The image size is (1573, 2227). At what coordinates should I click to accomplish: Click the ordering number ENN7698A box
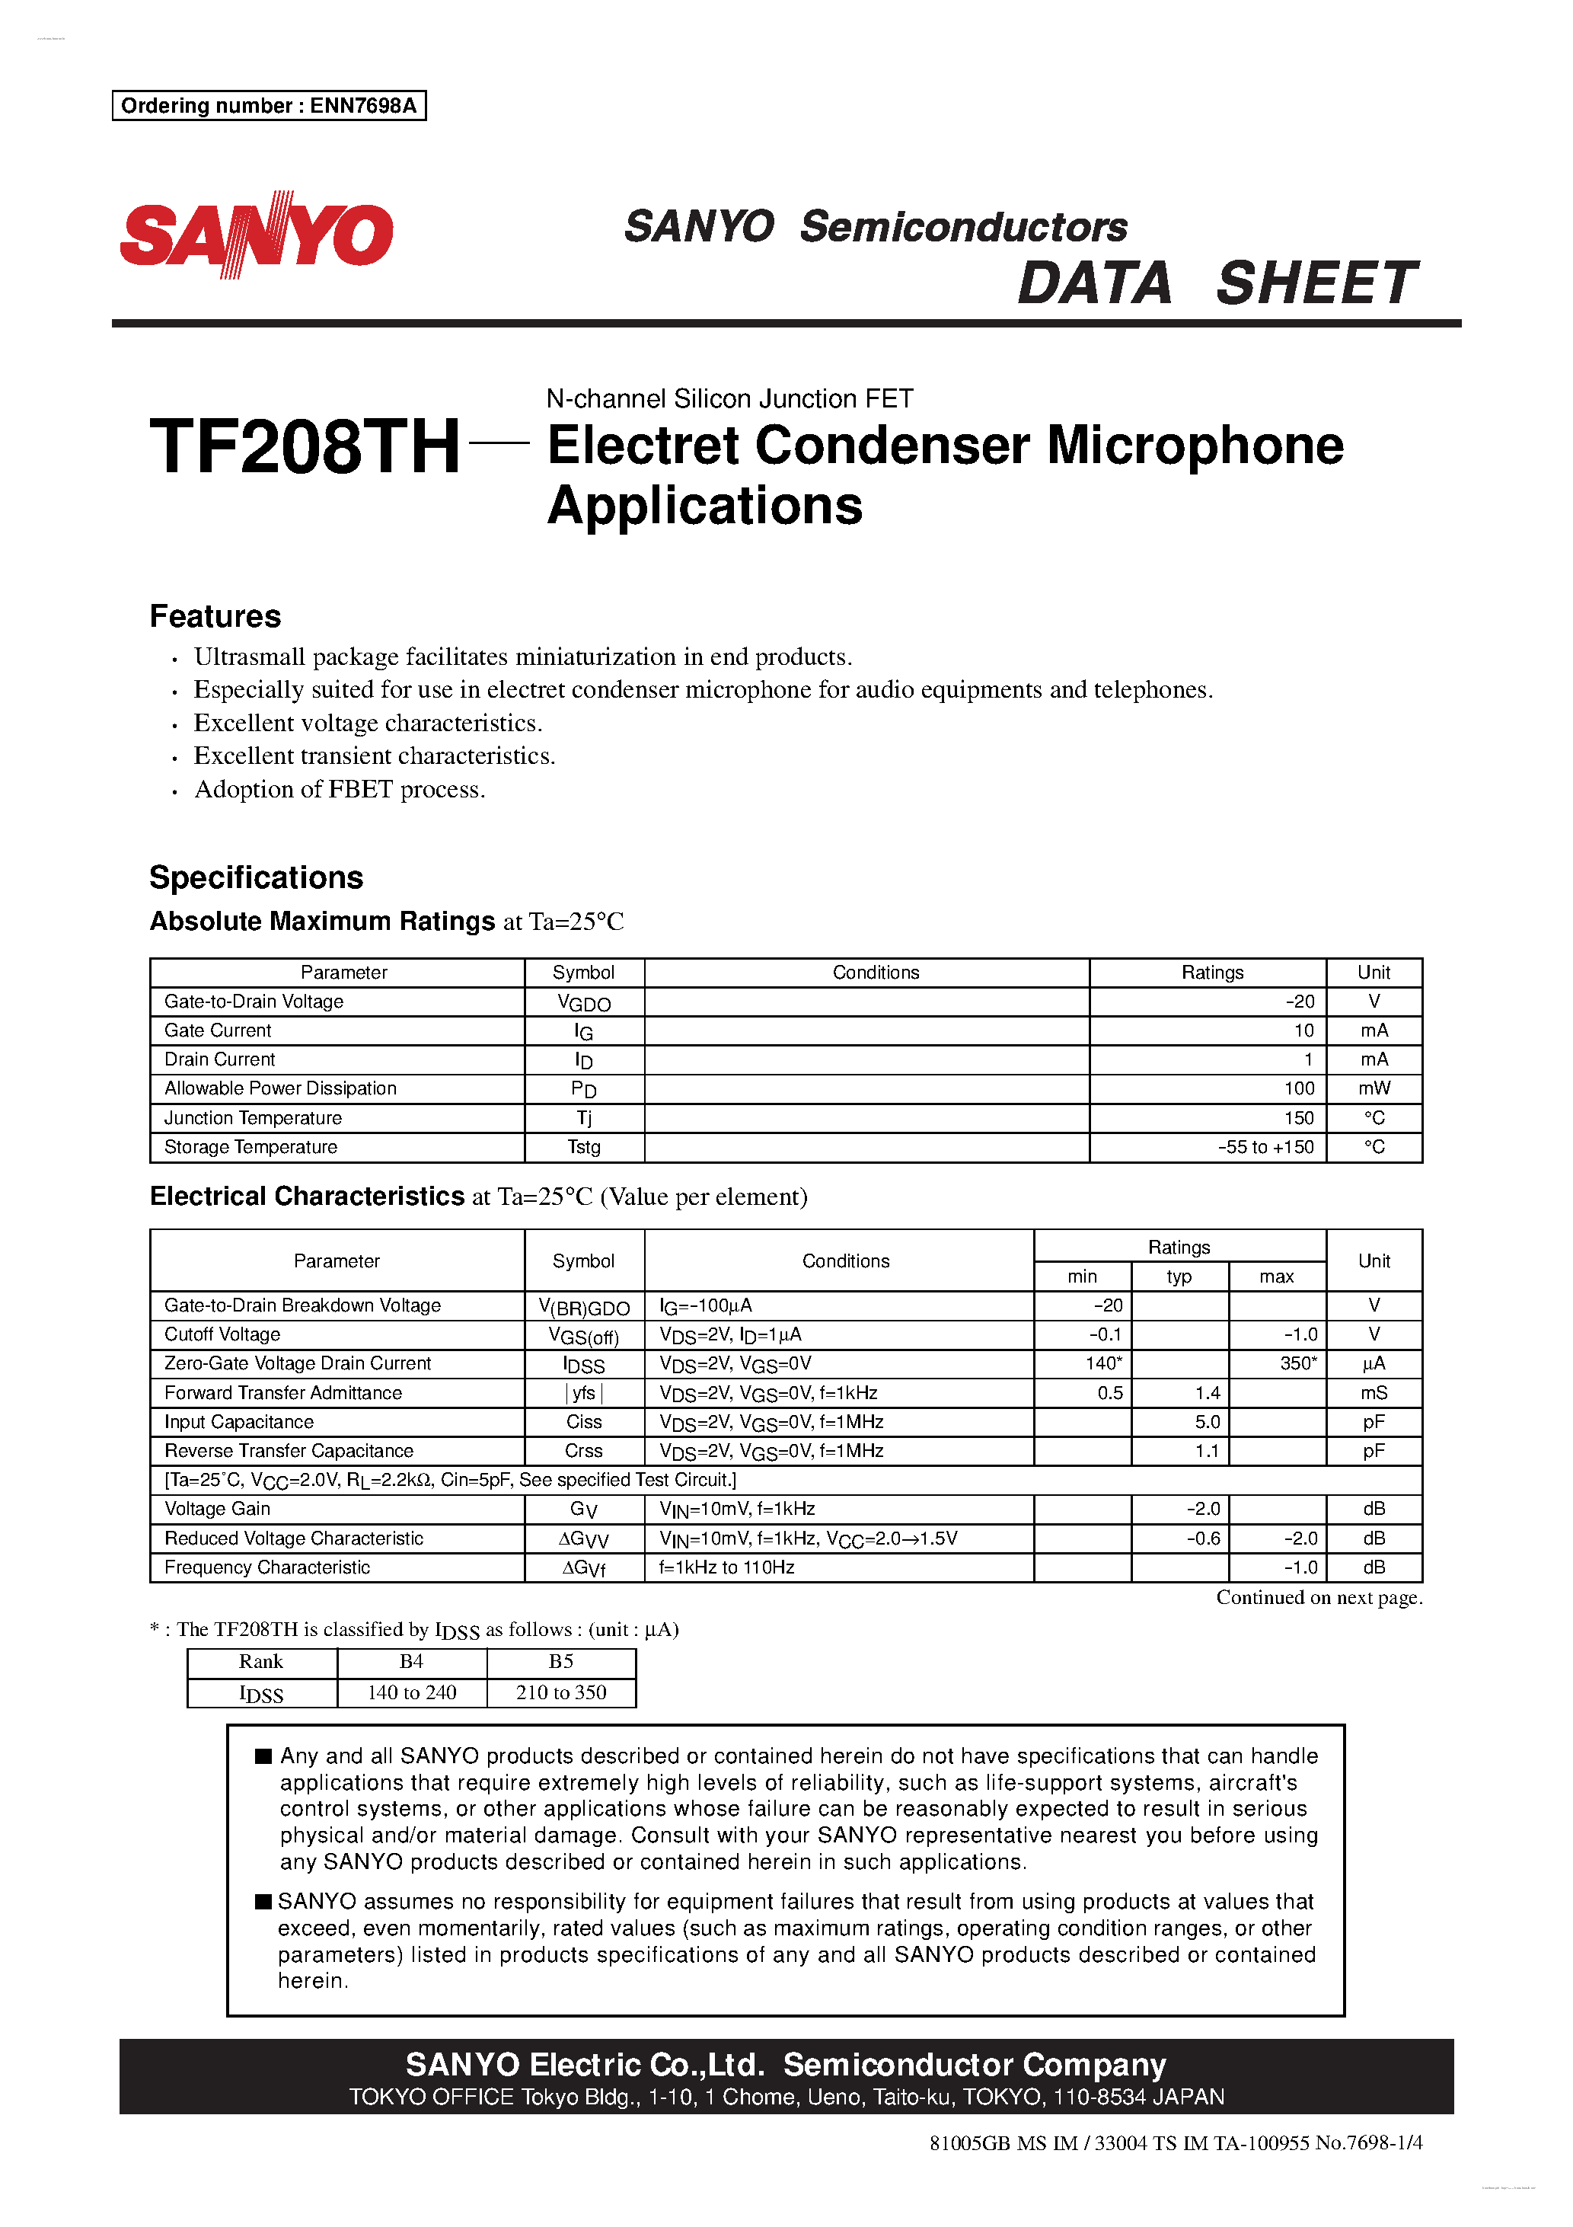pos(269,106)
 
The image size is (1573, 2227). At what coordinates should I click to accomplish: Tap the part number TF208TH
pos(305,447)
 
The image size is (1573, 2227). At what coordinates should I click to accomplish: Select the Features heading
pos(215,616)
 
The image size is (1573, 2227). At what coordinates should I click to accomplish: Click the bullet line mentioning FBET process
pos(340,790)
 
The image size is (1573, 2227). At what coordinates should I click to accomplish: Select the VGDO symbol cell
pos(584,1003)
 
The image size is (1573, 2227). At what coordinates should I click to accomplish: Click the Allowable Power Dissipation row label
pos(280,1088)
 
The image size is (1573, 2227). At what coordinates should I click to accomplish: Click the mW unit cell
pos(1374,1088)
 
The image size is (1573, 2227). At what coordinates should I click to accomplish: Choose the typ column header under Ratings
pos(1179,1276)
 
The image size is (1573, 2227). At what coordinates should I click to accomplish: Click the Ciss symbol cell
pos(584,1421)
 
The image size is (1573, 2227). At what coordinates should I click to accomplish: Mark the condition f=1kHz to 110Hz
pos(726,1567)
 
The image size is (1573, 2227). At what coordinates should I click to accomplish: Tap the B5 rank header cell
pos(560,1662)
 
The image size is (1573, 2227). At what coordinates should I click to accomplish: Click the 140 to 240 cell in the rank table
pos(411,1692)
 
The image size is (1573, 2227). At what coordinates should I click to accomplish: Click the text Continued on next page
pos(1318,1597)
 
